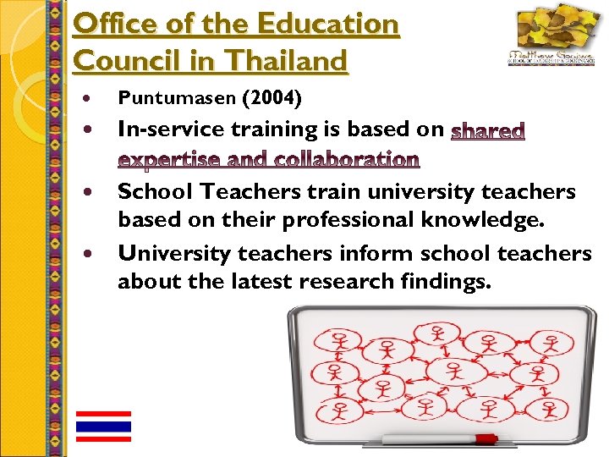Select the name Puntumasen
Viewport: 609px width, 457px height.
point(176,99)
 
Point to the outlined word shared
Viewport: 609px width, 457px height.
point(489,131)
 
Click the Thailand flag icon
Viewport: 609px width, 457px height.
point(103,426)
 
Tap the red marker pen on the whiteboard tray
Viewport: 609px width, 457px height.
point(486,439)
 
